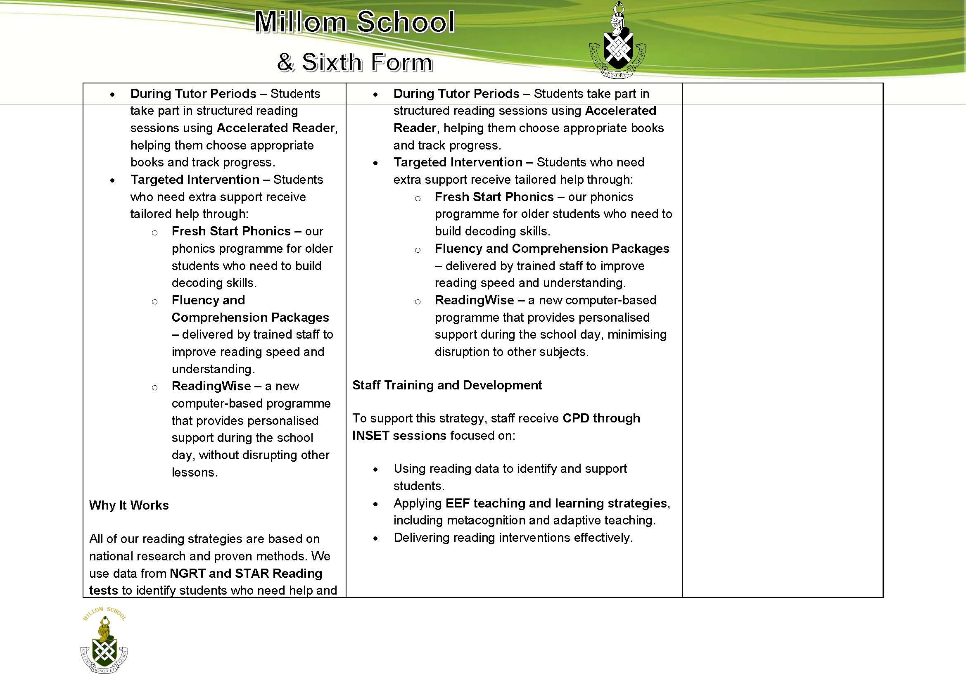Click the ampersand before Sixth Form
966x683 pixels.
tap(285, 63)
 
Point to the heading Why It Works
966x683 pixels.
tap(129, 505)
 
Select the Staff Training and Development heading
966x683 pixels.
tap(447, 385)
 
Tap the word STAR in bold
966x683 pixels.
tap(252, 573)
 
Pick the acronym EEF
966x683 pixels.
tap(457, 503)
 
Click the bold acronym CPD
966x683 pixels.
tap(576, 418)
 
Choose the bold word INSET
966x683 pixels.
tap(370, 435)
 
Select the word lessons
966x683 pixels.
tap(194, 472)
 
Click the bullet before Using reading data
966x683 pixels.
tap(375, 470)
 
